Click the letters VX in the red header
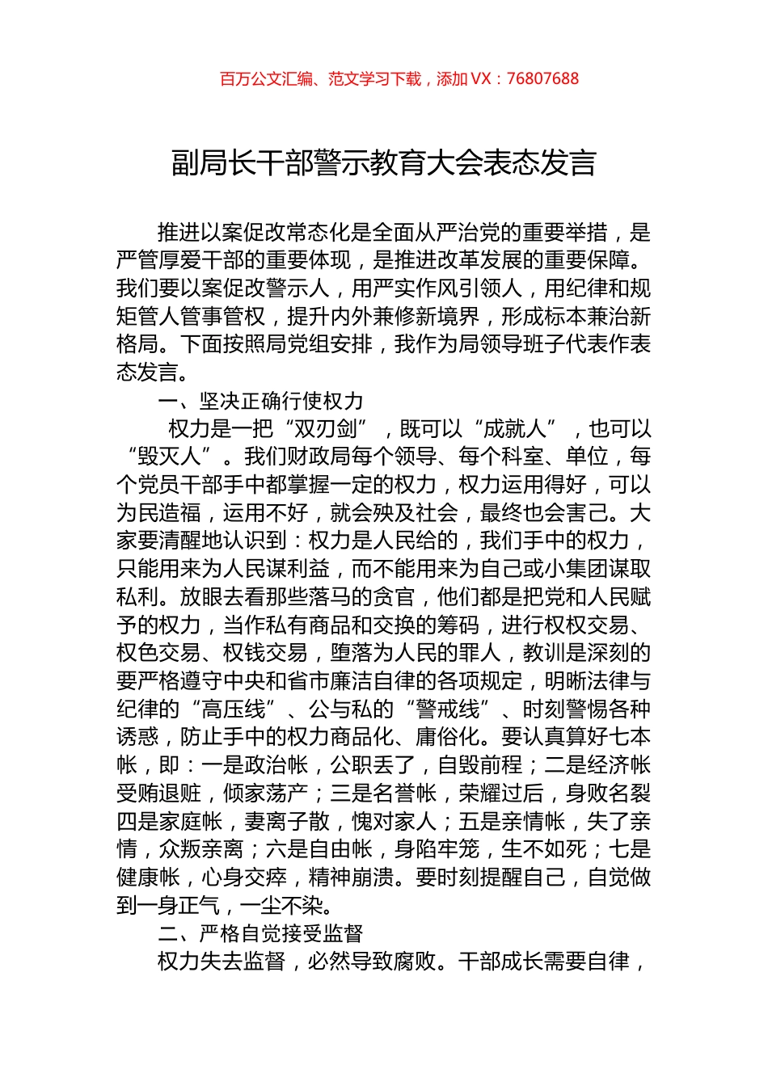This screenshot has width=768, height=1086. (480, 79)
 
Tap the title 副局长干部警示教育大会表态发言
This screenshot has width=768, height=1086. (384, 163)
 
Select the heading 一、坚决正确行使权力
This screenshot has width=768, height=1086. (260, 401)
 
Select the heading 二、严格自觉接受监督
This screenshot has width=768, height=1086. (260, 934)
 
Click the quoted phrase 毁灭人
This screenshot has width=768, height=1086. (169, 457)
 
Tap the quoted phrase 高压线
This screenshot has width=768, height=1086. (233, 709)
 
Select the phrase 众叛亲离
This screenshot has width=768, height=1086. (201, 850)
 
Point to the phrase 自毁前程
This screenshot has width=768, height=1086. (479, 765)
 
